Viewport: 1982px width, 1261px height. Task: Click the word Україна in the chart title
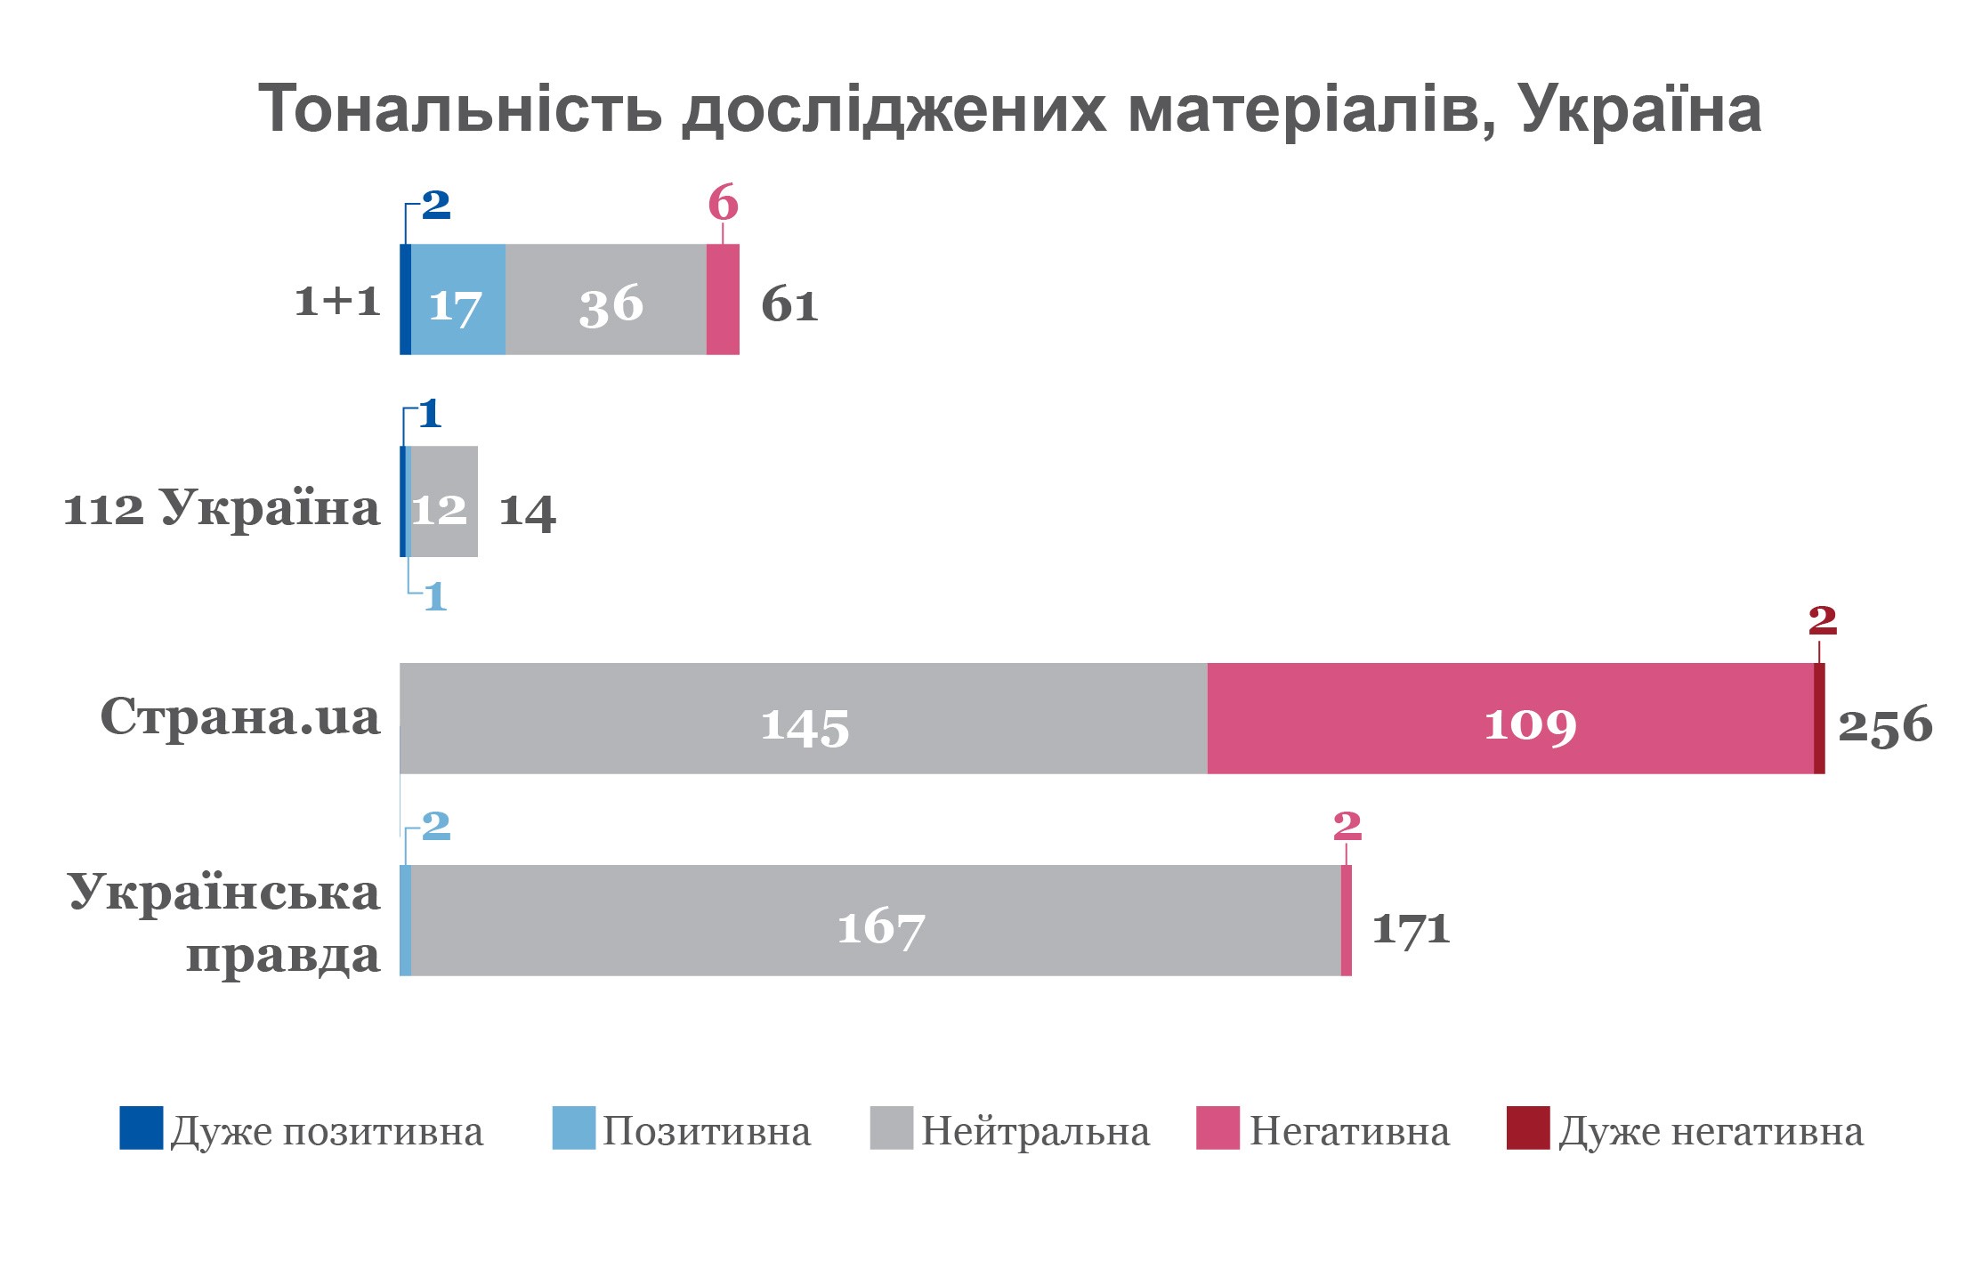click(x=1640, y=109)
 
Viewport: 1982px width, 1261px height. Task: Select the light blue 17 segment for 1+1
click(x=457, y=300)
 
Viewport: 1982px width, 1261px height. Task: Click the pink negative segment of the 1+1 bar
click(x=723, y=300)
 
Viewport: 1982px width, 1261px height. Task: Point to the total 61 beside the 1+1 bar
click(x=789, y=305)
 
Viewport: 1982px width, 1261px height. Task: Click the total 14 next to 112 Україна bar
click(x=527, y=512)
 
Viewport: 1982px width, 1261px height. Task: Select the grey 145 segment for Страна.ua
click(x=804, y=719)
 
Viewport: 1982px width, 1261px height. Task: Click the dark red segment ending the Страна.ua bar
click(x=1819, y=719)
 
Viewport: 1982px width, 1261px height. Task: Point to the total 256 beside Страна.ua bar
click(x=1885, y=725)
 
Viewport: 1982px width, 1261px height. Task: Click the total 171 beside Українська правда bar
click(x=1411, y=928)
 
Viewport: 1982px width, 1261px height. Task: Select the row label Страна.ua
click(x=240, y=716)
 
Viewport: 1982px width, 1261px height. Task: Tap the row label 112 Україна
click(x=222, y=510)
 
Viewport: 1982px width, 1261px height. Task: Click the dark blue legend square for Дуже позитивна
click(x=142, y=1128)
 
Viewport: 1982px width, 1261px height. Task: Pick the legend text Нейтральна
click(x=1035, y=1132)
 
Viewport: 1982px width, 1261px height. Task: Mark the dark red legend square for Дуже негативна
click(x=1527, y=1128)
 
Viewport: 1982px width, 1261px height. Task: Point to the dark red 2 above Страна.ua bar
click(x=1822, y=620)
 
